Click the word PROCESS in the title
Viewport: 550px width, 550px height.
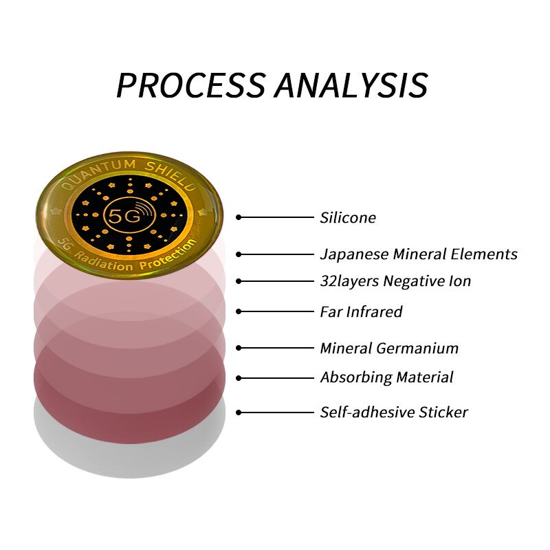190,85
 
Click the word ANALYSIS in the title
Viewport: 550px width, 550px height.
351,85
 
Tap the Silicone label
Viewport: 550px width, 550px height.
348,218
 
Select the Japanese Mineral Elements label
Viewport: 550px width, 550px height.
418,254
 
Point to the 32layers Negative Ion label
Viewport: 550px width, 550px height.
395,280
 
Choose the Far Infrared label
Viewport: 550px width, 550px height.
361,311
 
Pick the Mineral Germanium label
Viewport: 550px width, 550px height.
389,348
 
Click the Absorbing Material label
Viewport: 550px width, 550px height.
386,377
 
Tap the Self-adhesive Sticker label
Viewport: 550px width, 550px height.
393,412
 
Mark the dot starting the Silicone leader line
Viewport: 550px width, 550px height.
239,217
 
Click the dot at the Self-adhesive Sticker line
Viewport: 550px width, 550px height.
239,412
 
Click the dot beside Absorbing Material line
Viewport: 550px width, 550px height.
239,377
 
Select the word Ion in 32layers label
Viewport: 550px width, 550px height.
460,280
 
